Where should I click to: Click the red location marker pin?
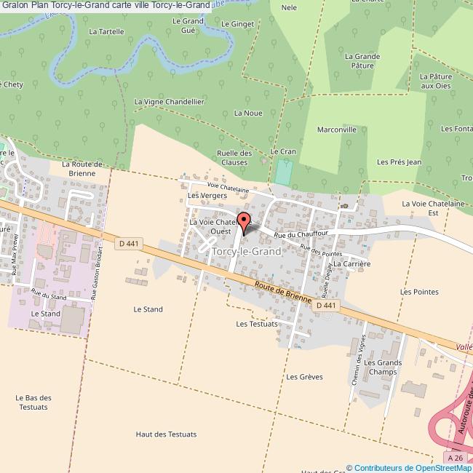pos(244,223)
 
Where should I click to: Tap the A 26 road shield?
pos(455,458)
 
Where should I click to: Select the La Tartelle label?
pos(106,32)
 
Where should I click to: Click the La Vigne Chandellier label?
pos(169,102)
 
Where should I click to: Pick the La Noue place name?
pos(248,113)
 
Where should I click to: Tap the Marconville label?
pos(337,129)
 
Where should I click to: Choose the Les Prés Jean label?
pos(400,162)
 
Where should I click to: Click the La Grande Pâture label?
pos(363,60)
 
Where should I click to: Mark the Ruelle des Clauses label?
pos(234,157)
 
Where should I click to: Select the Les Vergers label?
pos(203,196)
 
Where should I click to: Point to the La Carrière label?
pos(352,263)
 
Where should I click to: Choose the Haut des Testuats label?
pos(166,434)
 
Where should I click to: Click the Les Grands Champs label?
pos(383,367)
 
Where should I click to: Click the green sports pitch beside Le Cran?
pos(283,172)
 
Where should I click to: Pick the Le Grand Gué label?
pos(187,25)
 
